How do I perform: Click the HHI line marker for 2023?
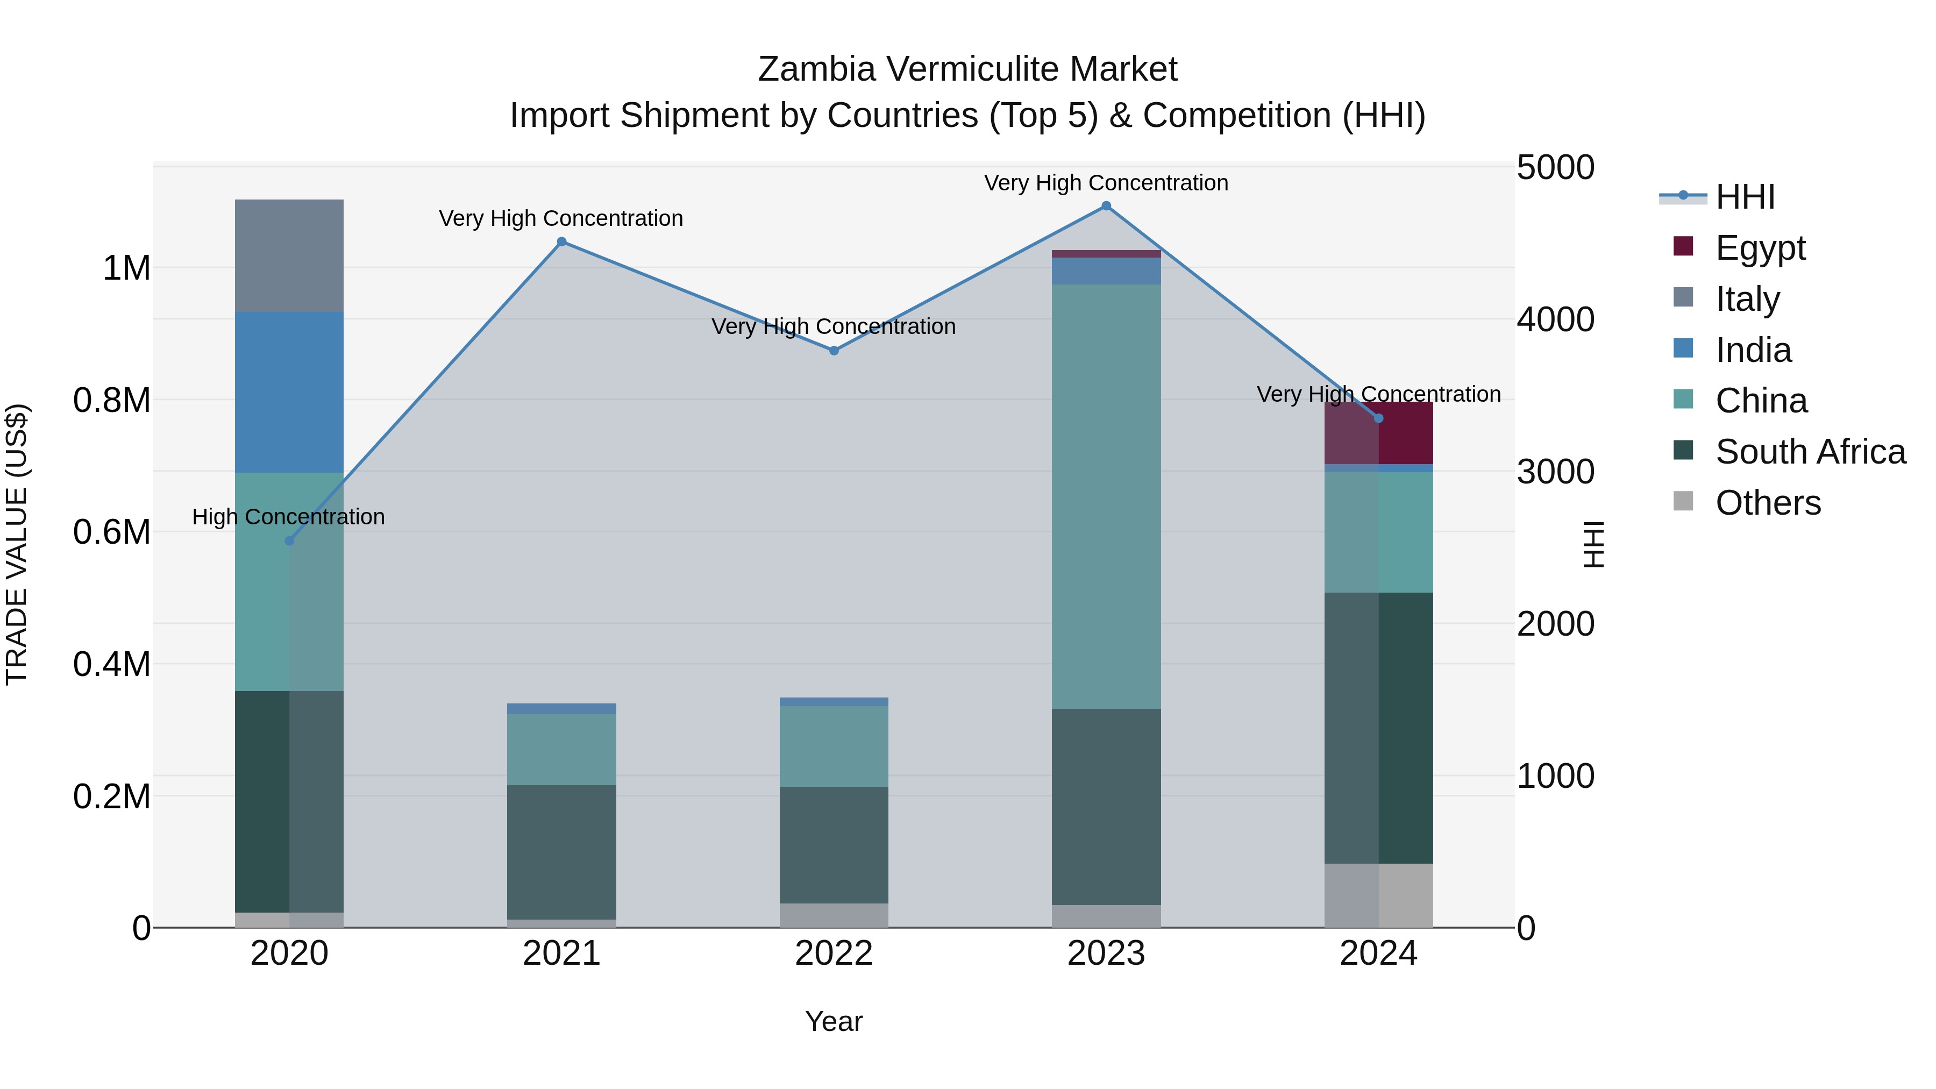pyautogui.click(x=1106, y=206)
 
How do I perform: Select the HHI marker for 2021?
pyautogui.click(x=561, y=242)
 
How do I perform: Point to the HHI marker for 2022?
pyautogui.click(x=834, y=350)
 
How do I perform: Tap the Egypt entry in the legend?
pyautogui.click(x=1760, y=247)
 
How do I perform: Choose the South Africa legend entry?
pyautogui.click(x=1810, y=452)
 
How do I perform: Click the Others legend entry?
pyautogui.click(x=1768, y=503)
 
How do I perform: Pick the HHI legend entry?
pyautogui.click(x=1745, y=197)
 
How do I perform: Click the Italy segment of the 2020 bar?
pyautogui.click(x=289, y=255)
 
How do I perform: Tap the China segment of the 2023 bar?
pyautogui.click(x=1106, y=496)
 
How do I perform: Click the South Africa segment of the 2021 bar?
pyautogui.click(x=561, y=851)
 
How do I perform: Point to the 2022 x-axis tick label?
pyautogui.click(x=834, y=953)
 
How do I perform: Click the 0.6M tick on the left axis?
pyautogui.click(x=112, y=532)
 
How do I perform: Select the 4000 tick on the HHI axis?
pyautogui.click(x=1555, y=319)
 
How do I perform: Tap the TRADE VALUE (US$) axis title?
pyautogui.click(x=17, y=544)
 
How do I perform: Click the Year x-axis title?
pyautogui.click(x=834, y=1021)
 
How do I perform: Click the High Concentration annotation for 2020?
pyautogui.click(x=289, y=517)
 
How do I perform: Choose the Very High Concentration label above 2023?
pyautogui.click(x=1106, y=183)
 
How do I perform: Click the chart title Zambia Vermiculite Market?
pyautogui.click(x=967, y=69)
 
